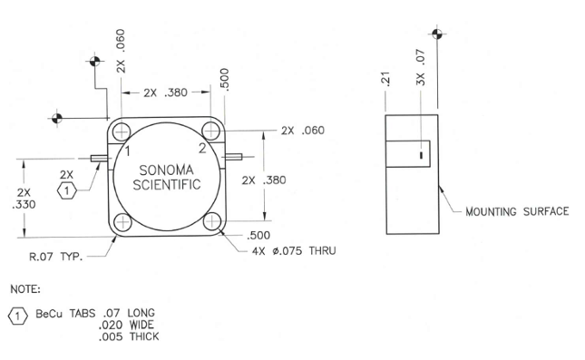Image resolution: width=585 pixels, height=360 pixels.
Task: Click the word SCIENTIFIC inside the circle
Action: [x=166, y=185]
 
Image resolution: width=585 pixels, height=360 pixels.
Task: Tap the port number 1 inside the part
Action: [x=129, y=150]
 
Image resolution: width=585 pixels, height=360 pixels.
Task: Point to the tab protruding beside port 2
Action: [x=234, y=159]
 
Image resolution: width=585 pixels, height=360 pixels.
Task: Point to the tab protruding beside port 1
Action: [x=98, y=159]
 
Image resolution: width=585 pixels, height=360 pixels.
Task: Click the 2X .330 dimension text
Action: [x=24, y=199]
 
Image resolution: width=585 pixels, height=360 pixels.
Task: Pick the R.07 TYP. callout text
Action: [x=54, y=257]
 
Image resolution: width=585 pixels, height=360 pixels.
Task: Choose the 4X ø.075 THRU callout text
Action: [x=293, y=250]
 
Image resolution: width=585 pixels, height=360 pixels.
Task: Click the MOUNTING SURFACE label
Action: [x=517, y=211]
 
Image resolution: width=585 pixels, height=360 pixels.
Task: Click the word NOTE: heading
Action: [x=27, y=290]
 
